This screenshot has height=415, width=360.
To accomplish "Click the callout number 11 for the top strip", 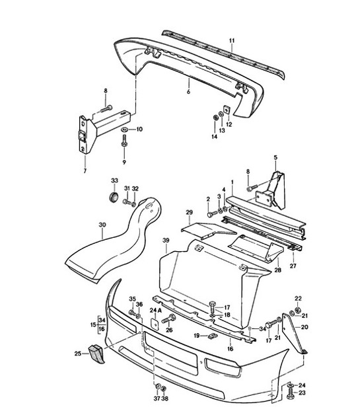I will (232, 41).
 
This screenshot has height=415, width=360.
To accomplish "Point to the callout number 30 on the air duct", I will (102, 225).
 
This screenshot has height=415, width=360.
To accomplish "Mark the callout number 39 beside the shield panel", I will (166, 242).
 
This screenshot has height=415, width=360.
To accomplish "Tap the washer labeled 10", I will (125, 129).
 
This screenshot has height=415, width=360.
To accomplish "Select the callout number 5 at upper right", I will (276, 157).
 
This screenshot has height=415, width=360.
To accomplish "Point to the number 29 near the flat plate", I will (188, 211).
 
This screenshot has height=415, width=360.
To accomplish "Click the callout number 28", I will (277, 270).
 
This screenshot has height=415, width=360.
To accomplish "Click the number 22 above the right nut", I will (298, 299).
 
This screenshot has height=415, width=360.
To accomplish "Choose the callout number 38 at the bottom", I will (164, 398).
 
